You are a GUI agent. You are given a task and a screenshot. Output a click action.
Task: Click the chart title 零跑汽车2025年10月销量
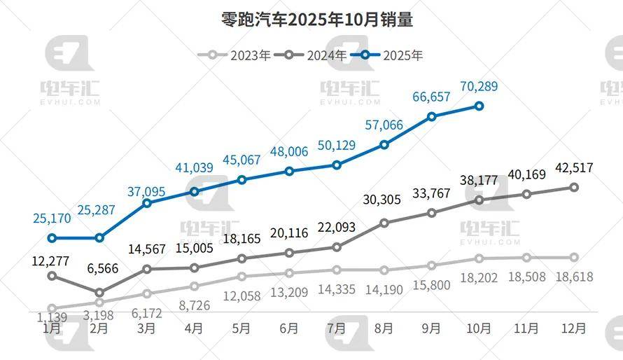coord(312,20)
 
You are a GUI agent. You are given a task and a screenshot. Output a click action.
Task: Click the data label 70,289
coord(479,88)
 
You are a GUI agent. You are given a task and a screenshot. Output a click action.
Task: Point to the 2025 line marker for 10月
coord(479,106)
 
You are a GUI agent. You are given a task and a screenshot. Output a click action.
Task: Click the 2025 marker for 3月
coord(147,203)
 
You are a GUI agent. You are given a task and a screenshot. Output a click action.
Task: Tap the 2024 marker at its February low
coord(99,293)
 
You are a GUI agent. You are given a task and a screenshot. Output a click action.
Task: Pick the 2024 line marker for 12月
coord(574,187)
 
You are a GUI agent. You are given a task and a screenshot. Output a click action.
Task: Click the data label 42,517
coord(574,168)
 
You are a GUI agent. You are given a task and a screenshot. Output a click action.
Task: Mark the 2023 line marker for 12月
coord(574,258)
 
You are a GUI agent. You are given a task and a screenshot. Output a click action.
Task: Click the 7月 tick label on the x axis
coord(337,328)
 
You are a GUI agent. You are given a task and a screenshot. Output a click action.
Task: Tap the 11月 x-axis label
coord(526,328)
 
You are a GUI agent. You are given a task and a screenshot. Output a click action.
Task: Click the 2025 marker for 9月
coord(432,116)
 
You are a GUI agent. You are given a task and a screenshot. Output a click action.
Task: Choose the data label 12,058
coord(241,296)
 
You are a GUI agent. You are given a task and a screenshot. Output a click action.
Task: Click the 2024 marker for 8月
coord(384,223)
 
